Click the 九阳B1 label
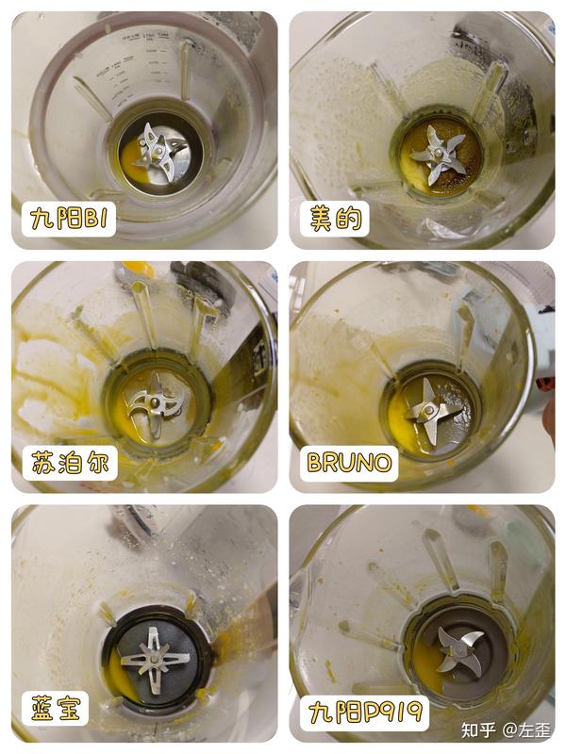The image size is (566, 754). pyautogui.click(x=69, y=220)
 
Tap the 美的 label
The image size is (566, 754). pyautogui.click(x=335, y=219)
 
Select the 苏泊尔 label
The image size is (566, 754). pyautogui.click(x=70, y=463)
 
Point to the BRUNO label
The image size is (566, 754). pyautogui.click(x=349, y=463)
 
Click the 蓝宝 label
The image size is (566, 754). pyautogui.click(x=56, y=709)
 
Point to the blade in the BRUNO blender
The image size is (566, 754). pyautogui.click(x=429, y=411)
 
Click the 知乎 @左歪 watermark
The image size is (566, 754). pyautogui.click(x=506, y=730)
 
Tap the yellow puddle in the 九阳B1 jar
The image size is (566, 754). pyautogui.click(x=131, y=162)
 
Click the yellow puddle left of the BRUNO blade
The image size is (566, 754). pyautogui.click(x=403, y=423)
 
